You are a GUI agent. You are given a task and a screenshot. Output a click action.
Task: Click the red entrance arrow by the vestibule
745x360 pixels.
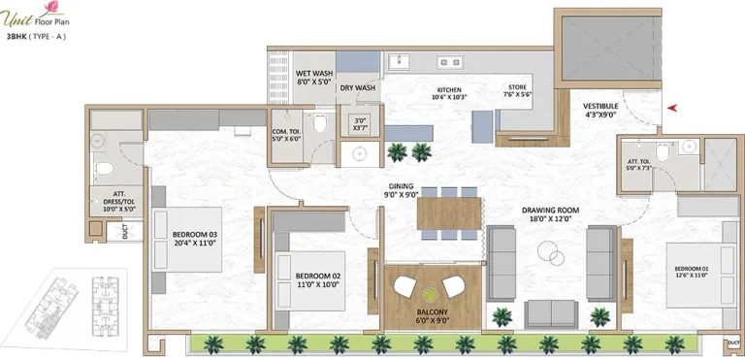click(x=675, y=109)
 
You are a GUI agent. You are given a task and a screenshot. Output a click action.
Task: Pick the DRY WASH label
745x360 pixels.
click(x=357, y=88)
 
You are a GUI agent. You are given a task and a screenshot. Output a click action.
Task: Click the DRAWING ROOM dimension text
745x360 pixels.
click(x=550, y=220)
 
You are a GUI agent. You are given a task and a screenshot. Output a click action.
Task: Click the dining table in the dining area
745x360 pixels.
click(x=449, y=213)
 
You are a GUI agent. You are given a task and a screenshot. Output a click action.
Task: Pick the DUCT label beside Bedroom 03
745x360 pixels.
click(x=124, y=232)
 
